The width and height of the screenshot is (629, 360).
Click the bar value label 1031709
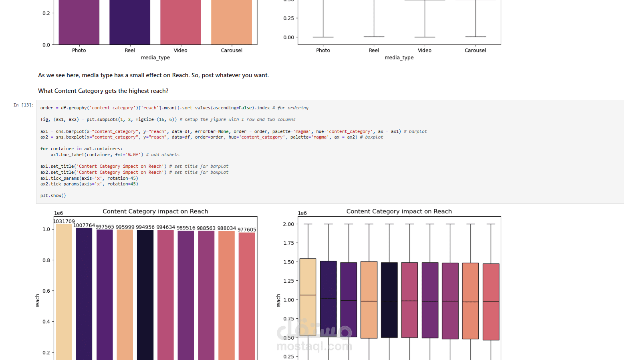coord(64,221)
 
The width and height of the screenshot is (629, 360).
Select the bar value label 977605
coord(247,230)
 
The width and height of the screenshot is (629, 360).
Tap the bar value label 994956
coord(145,227)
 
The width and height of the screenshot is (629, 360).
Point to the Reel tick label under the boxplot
coord(374,50)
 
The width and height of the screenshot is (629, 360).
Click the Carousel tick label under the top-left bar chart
coord(232,50)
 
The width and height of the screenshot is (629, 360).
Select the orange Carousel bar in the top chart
coord(232,22)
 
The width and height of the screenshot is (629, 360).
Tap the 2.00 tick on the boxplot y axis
coord(288,224)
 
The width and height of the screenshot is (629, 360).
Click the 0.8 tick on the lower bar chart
coord(46,260)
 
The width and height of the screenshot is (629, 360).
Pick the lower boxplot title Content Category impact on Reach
coord(399,211)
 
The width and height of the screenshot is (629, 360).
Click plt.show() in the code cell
coord(53,196)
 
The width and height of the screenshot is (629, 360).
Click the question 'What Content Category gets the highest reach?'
coord(103,91)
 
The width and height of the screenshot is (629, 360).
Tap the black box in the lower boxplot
coord(389,300)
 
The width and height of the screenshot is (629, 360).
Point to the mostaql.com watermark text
coord(314,346)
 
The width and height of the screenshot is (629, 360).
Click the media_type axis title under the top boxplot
coord(399,58)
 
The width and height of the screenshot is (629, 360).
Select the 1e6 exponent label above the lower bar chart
coord(58,213)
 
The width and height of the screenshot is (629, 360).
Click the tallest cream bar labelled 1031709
coord(64,292)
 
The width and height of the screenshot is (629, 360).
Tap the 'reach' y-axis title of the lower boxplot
coord(278,300)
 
